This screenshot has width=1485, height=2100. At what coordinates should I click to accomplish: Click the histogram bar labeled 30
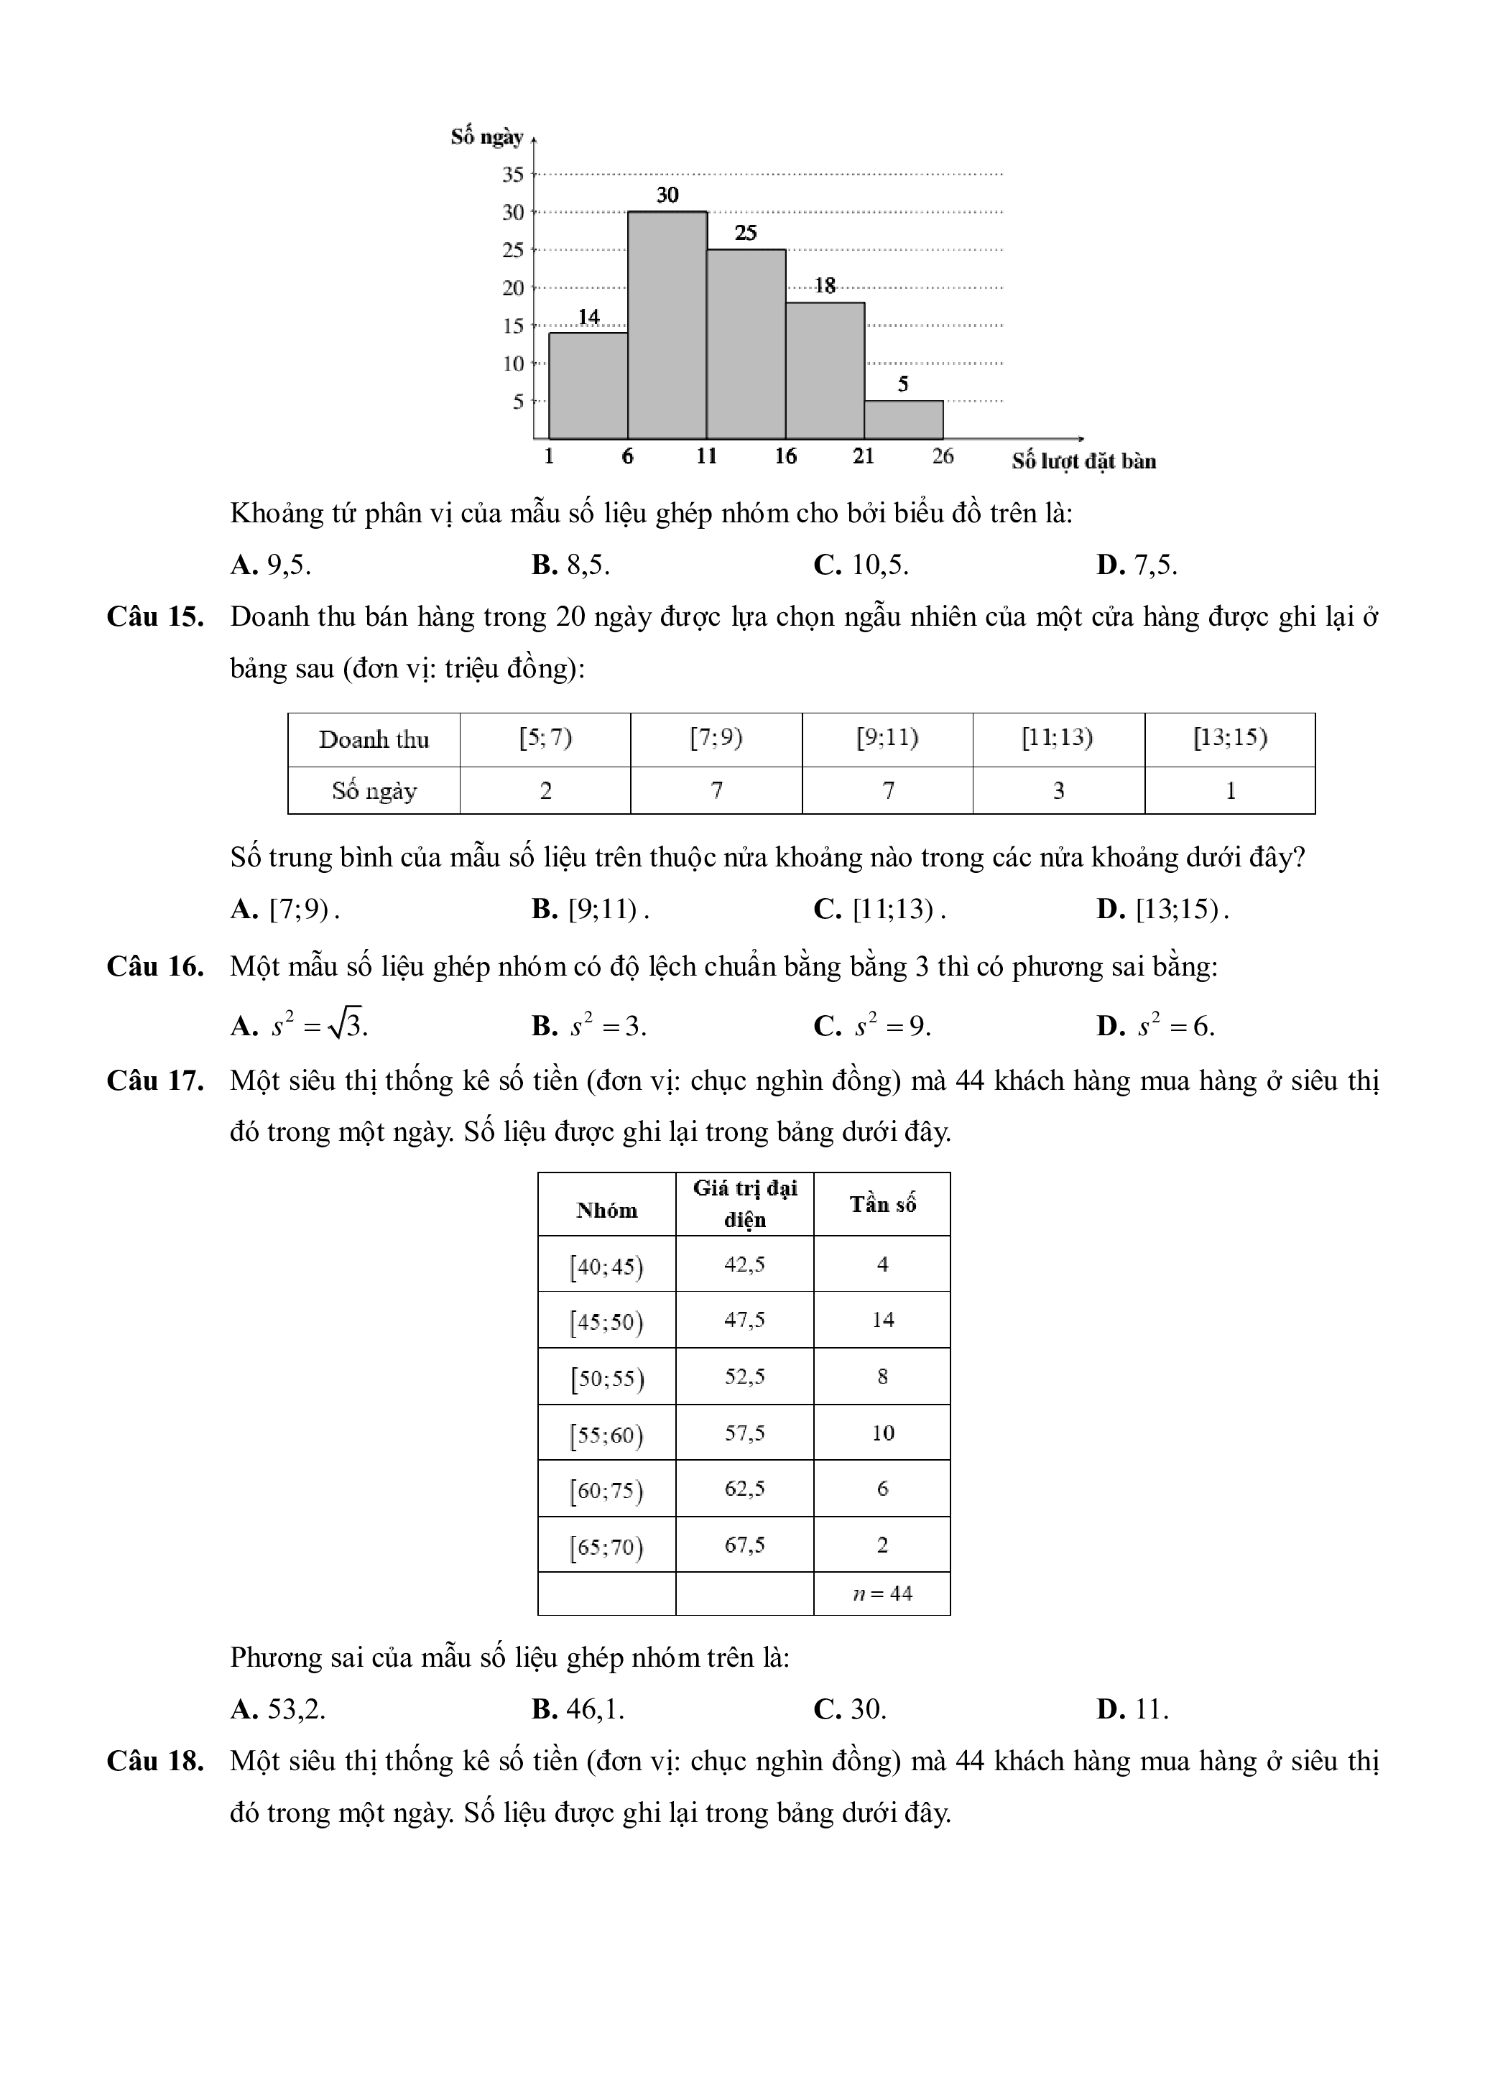tap(667, 325)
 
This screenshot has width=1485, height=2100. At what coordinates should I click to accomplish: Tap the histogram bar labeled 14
tap(588, 385)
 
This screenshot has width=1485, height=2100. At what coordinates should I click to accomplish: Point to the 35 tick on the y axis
tap(513, 174)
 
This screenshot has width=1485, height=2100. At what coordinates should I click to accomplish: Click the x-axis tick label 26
tap(943, 455)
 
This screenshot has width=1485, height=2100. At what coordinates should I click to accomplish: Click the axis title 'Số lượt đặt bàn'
tap(1083, 461)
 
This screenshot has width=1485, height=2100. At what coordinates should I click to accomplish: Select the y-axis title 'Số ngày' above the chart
tap(486, 137)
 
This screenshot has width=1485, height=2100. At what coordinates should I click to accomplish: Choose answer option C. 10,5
tap(861, 565)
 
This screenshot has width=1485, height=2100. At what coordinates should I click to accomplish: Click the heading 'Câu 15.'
tap(154, 617)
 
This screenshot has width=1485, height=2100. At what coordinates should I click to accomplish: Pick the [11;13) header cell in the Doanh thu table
tap(1058, 738)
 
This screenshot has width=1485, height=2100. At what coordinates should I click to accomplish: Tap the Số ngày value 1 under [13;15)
tap(1230, 790)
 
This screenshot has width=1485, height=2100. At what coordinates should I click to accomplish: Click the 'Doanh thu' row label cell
tap(374, 740)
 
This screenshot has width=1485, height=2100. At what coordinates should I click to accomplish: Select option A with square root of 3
tap(300, 1026)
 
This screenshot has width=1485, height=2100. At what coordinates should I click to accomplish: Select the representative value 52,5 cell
tap(744, 1377)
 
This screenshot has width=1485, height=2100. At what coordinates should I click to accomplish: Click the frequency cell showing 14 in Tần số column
tap(882, 1320)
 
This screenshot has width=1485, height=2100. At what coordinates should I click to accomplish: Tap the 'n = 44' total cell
tap(882, 1594)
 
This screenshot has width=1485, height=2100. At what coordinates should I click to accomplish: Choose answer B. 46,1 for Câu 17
tap(578, 1708)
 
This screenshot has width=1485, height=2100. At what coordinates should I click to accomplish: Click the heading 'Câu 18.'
tap(154, 1761)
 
